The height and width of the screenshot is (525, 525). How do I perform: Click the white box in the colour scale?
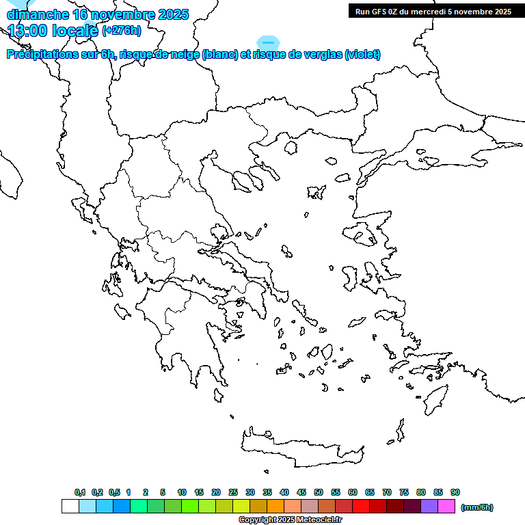click(x=70, y=507)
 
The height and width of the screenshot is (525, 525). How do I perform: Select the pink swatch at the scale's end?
click(x=446, y=507)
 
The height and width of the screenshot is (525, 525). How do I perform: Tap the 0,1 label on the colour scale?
click(x=80, y=492)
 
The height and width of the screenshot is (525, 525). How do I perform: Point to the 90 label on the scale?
click(x=455, y=492)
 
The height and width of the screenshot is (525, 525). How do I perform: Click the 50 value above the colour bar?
click(x=319, y=492)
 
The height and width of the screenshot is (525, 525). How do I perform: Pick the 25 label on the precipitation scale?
click(x=233, y=492)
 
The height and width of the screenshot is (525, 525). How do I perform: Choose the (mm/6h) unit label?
click(x=477, y=507)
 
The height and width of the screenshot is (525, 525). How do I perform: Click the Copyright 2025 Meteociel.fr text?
click(x=290, y=520)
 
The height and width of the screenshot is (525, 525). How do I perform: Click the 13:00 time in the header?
click(x=28, y=30)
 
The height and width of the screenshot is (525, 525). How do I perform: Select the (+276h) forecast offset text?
click(x=122, y=30)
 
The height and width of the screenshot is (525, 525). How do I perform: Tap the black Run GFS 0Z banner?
click(x=433, y=11)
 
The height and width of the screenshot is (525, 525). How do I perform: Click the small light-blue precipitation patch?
click(x=267, y=42)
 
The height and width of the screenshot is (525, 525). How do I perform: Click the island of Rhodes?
click(x=435, y=399)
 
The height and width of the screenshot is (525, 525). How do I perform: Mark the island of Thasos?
click(x=291, y=148)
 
